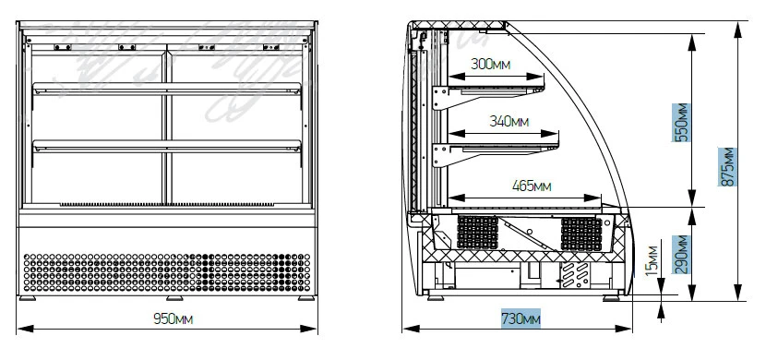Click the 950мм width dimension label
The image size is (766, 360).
pos(173,319)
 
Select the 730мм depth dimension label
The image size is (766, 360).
pos(521,319)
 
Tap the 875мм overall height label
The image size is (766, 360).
pos(727,166)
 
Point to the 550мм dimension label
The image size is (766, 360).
pos(681,123)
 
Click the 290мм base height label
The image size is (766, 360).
pos(681,255)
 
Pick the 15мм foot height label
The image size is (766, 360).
pos(652,261)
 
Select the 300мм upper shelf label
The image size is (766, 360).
pos(490,64)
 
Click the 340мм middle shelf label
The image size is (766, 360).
pos(509,121)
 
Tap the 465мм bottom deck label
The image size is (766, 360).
pos(532,186)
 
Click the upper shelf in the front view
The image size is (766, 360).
pos(167,89)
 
